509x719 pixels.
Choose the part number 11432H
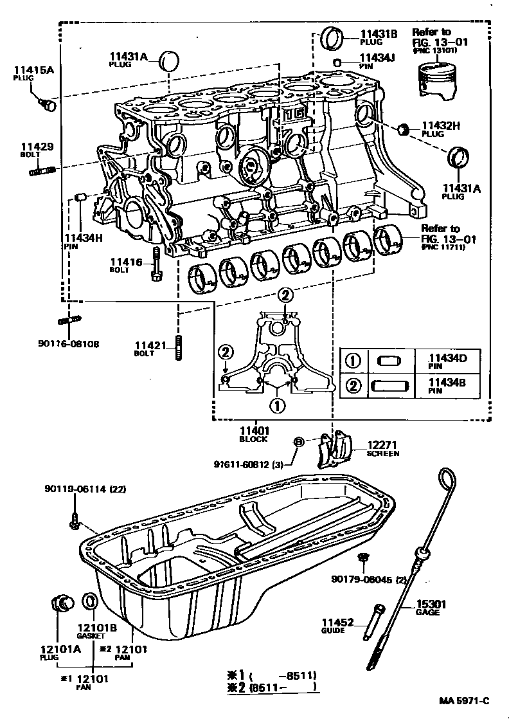tap(440, 126)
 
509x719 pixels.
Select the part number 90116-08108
tap(68, 343)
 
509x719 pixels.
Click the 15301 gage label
tap(427, 604)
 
